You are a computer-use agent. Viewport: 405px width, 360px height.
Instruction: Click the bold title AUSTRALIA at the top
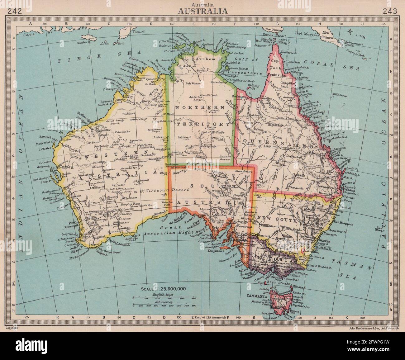coord(202,11)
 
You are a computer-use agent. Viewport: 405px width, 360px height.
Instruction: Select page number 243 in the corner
coord(390,12)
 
